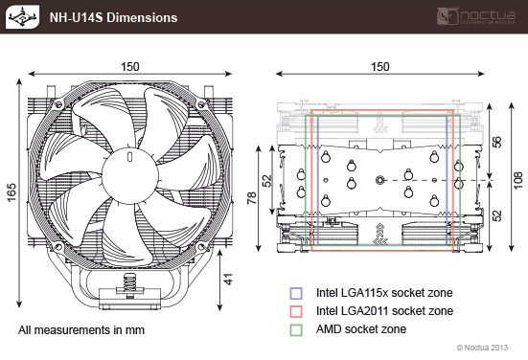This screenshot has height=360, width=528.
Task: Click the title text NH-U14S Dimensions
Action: coord(113,17)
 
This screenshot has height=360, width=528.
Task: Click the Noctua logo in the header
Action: coord(476,16)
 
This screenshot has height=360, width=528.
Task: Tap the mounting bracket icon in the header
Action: coord(22,17)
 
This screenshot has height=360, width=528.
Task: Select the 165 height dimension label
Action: coord(11,192)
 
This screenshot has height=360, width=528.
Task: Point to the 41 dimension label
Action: coord(228,280)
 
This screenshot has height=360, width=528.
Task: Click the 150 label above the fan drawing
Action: coord(130,67)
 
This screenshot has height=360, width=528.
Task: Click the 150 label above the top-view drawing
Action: coord(380,67)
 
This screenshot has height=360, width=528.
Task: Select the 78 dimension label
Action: coord(251,198)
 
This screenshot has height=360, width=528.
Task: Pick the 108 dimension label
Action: coord(518,180)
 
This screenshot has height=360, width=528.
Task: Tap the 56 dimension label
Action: coord(496,142)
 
